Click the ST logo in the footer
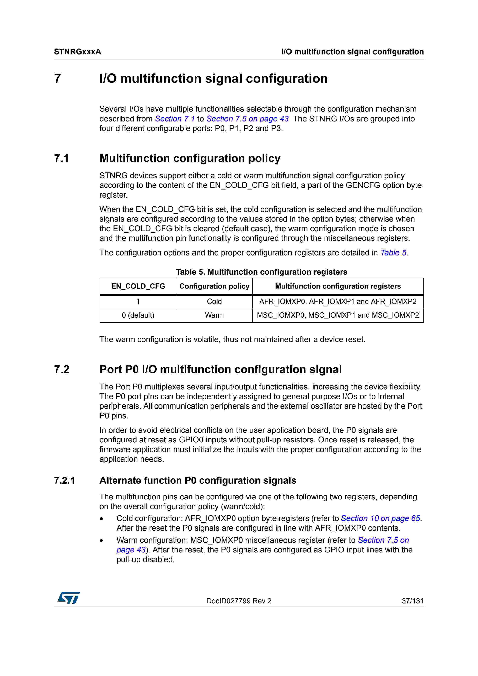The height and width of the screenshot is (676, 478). [69, 598]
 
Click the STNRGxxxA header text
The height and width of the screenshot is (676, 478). [78, 52]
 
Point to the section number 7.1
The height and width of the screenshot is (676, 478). [62, 158]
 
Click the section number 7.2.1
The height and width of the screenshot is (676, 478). [65, 480]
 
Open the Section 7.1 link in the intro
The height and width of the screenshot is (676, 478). [175, 119]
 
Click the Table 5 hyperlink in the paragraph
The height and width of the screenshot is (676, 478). [393, 253]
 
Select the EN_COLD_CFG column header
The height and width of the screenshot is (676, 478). [138, 286]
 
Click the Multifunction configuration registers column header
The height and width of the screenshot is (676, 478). [338, 286]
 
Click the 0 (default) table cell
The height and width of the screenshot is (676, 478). [138, 315]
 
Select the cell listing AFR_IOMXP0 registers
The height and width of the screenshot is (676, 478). [338, 302]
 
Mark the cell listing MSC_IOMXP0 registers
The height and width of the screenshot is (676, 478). [338, 315]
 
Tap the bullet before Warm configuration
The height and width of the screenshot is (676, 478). [102, 541]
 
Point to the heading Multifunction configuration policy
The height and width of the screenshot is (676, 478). [190, 158]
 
